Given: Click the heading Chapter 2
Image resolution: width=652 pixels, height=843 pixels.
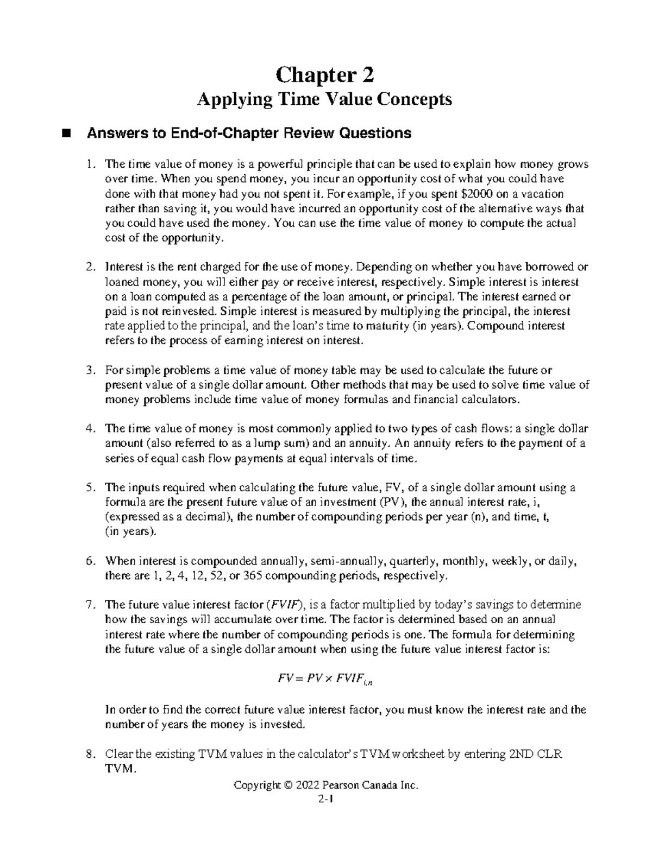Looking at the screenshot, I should coord(325,75).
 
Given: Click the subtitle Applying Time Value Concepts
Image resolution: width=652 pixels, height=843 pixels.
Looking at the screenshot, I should coord(325,100).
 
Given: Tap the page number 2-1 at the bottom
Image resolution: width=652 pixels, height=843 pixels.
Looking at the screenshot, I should coord(325,798).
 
